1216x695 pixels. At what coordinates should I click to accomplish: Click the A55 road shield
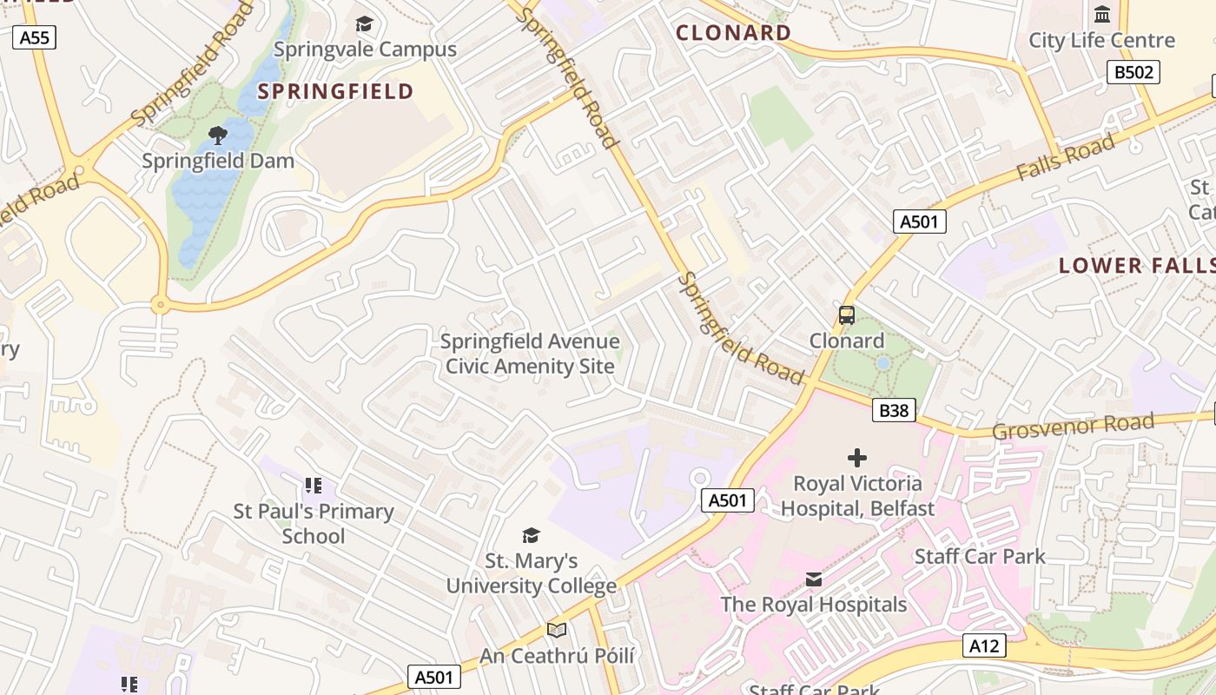(35, 36)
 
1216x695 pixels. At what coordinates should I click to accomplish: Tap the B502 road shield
(1133, 72)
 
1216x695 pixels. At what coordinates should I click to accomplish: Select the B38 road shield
(894, 410)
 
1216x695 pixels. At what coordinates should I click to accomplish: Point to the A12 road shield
(984, 645)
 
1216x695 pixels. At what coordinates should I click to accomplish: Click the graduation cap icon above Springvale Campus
(364, 23)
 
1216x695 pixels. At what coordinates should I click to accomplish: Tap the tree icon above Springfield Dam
(217, 135)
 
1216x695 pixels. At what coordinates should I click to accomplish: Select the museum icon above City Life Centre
(1102, 15)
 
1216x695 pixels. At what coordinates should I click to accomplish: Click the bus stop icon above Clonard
(846, 315)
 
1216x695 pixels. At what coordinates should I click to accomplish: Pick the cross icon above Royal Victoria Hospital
(857, 458)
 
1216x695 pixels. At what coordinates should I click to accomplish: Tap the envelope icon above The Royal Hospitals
(813, 579)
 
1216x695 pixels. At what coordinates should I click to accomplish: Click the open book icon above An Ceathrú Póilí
(557, 630)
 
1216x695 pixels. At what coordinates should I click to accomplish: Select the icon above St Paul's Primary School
(313, 486)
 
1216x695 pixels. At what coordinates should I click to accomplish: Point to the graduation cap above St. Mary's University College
(531, 535)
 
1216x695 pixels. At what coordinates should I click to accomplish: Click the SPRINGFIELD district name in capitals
(335, 91)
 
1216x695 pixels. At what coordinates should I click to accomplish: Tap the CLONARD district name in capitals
(734, 33)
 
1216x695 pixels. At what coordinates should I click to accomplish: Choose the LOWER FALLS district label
(1136, 266)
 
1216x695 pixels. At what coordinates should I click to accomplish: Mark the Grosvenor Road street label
(1073, 427)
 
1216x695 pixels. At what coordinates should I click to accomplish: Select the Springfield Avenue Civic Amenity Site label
(530, 354)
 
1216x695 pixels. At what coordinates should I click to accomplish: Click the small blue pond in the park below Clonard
(882, 362)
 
